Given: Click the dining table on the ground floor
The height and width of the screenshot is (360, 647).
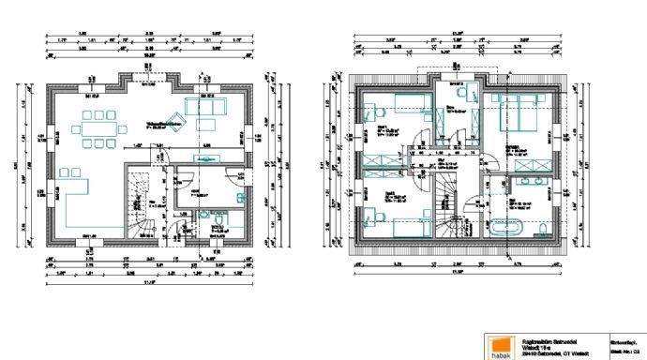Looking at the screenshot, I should pyautogui.click(x=97, y=128).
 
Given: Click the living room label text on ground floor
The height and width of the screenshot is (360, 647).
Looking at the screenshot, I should pyautogui.click(x=163, y=123).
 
